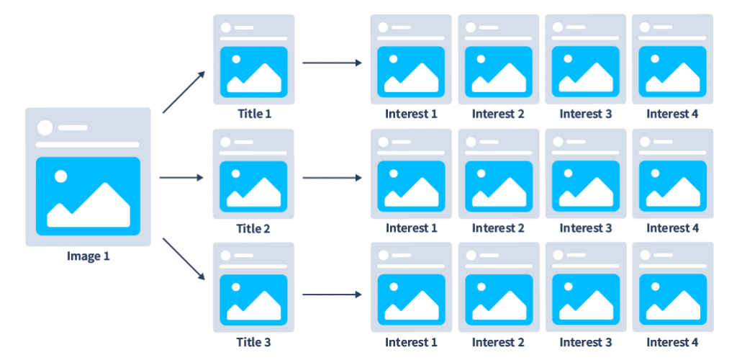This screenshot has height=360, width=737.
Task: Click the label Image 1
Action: [x=88, y=256]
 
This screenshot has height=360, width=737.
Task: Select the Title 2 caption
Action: [x=253, y=229]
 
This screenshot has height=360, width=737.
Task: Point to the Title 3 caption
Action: [x=253, y=343]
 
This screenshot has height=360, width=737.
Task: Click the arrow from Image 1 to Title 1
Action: [x=184, y=91]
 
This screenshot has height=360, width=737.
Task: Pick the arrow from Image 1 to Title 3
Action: [x=184, y=261]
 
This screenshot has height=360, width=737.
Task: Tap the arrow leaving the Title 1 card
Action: [x=332, y=63]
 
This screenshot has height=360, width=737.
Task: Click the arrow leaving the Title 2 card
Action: [x=332, y=177]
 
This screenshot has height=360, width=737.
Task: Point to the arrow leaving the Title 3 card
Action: [x=332, y=294]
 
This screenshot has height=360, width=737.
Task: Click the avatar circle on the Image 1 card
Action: [x=45, y=127]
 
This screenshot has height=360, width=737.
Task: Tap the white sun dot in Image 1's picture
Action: [x=61, y=176]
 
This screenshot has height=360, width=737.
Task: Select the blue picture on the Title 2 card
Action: [x=253, y=185]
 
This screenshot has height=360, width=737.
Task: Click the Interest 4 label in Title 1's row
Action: [x=673, y=114]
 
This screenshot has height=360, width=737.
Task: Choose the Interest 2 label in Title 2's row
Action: [x=498, y=229]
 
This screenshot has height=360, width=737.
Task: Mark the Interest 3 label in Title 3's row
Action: [x=585, y=343]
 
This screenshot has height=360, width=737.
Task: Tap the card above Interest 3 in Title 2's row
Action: [x=585, y=173]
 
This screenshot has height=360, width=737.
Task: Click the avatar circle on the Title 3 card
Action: [x=226, y=256]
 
